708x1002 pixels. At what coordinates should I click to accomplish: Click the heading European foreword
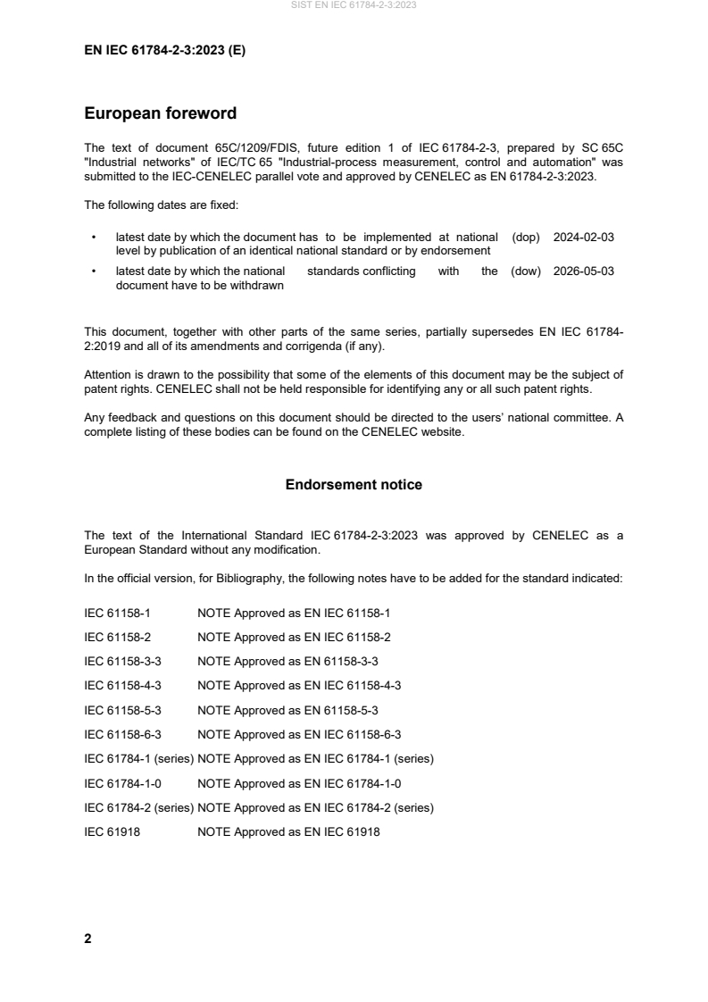(160, 113)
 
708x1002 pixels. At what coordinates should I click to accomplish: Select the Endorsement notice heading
(354, 485)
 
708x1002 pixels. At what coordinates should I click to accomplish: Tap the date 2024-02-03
(583, 238)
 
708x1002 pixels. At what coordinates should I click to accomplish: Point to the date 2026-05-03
(583, 271)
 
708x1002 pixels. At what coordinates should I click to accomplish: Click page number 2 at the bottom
(87, 939)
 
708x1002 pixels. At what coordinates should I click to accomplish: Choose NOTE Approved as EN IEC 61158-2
(294, 638)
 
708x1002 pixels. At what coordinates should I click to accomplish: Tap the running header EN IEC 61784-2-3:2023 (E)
(164, 51)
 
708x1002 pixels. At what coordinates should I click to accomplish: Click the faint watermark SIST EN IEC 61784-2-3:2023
(354, 5)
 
